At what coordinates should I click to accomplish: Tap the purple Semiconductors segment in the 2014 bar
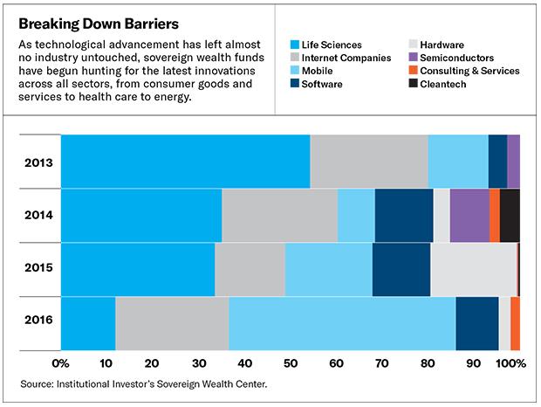(469, 215)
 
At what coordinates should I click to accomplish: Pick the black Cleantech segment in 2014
(510, 215)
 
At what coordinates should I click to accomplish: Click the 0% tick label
(60, 362)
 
